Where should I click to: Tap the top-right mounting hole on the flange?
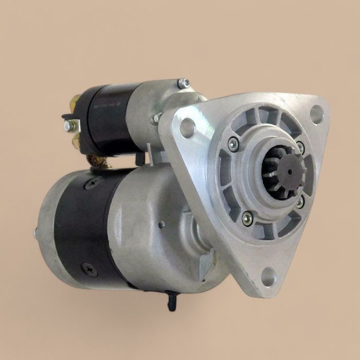coord(317,114)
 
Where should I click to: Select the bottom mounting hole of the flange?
coord(268,276)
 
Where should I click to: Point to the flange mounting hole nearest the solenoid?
coord(188,128)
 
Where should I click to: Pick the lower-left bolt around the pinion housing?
coord(247,218)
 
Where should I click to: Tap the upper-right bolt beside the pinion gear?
coord(300,147)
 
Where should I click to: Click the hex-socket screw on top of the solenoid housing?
coord(183,83)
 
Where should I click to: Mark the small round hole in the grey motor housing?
coord(161,225)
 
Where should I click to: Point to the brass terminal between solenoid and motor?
coord(99,163)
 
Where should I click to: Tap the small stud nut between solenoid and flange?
coord(156,118)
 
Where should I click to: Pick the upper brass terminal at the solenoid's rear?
coord(75,101)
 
